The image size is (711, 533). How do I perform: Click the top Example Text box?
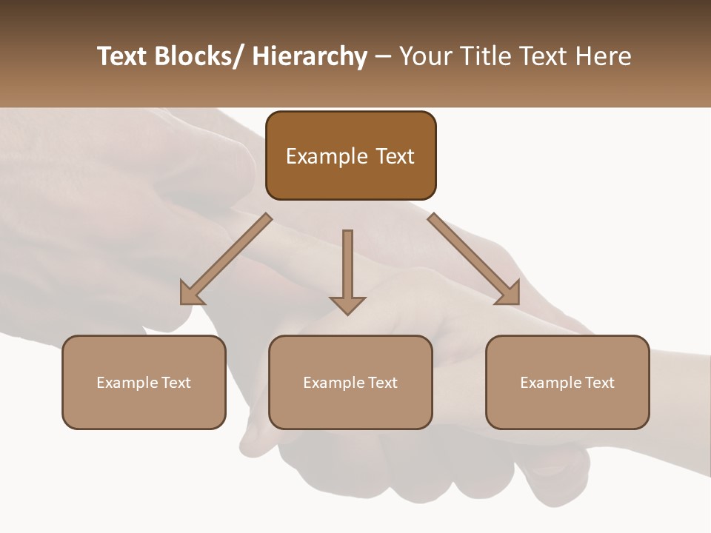350,155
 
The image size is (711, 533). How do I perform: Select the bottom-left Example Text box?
144,382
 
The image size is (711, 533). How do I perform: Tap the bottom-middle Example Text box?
350,382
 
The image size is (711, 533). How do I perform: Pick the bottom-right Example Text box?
567,382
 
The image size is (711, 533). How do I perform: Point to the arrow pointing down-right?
474,259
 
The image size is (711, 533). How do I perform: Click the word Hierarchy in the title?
310,56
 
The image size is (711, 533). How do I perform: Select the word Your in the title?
427,56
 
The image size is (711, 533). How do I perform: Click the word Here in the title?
603,56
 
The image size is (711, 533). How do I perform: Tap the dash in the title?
382,56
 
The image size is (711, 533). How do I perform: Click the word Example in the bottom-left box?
127,383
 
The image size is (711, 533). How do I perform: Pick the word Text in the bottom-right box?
599,383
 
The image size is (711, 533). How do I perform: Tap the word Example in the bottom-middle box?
334,383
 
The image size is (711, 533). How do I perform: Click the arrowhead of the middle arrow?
347,304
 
